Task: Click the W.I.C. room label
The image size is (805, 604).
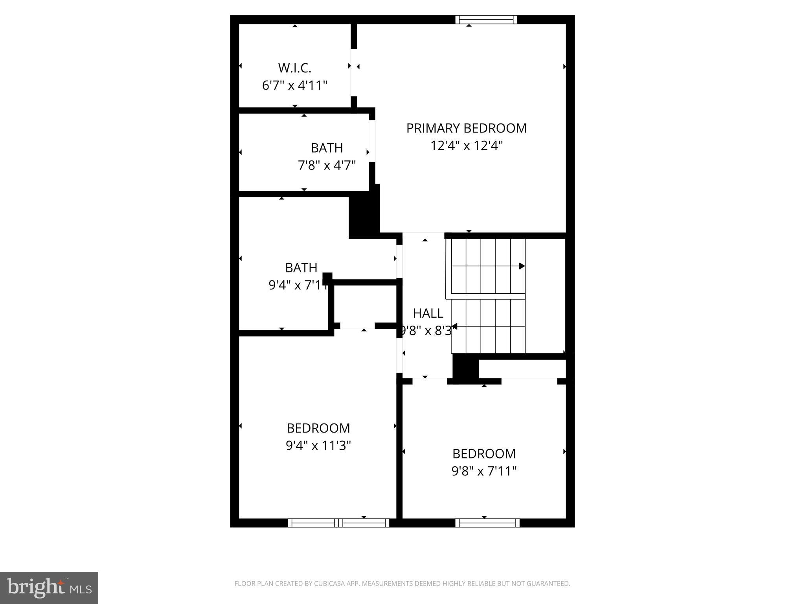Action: point(294,68)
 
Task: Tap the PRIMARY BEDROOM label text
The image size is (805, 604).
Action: point(466,128)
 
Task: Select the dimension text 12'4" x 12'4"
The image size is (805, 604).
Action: point(466,146)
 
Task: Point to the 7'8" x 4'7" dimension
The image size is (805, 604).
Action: point(327,166)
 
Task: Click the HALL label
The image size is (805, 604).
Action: point(428,313)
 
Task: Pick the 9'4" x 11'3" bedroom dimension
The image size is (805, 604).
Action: point(318,446)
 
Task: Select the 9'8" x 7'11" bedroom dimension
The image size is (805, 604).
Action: point(484,471)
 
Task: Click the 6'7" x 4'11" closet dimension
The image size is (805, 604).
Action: point(294,85)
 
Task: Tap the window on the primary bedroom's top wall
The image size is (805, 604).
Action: point(486,20)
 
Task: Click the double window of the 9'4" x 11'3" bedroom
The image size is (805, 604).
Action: point(338,523)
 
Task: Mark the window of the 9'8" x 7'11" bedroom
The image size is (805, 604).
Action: point(487,523)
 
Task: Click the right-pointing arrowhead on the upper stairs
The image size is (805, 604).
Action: point(522,266)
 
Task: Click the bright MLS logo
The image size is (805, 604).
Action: point(49,587)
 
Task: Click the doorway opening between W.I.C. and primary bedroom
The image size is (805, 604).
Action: point(354,73)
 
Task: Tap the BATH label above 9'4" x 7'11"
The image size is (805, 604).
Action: point(301,268)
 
